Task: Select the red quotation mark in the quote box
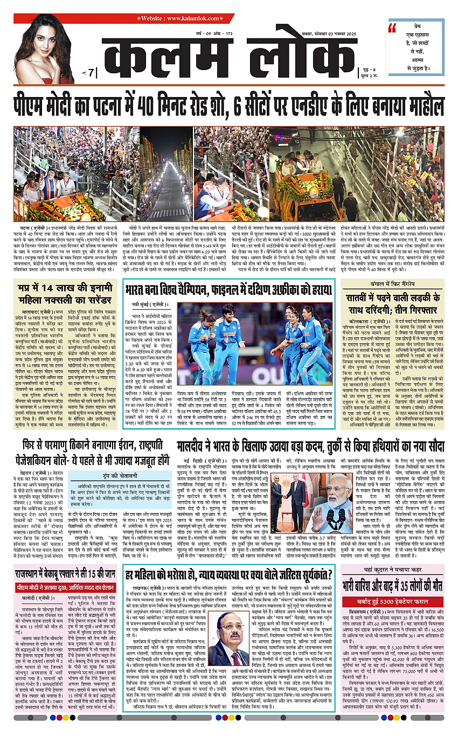[392, 29]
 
